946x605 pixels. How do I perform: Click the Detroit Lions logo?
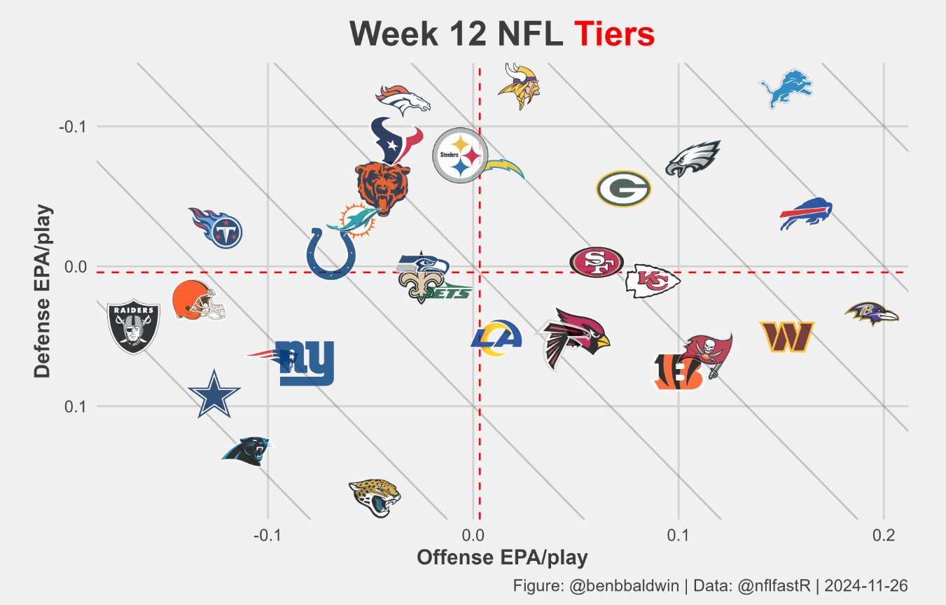click(786, 88)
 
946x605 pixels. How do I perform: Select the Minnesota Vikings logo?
click(520, 87)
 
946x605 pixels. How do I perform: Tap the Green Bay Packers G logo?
click(624, 189)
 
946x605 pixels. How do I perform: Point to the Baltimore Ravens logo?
click(870, 314)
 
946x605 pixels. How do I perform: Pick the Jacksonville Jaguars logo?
click(375, 497)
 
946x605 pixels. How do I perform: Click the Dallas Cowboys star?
click(214, 394)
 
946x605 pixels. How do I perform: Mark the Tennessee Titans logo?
click(217, 228)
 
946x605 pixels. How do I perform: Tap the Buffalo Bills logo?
click(807, 214)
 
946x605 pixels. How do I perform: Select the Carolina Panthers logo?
click(246, 451)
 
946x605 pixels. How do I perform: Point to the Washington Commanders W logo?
click(786, 337)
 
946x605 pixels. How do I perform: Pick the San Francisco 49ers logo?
click(597, 263)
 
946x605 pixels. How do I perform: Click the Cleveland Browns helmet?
click(198, 300)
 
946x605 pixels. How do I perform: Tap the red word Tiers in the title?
click(614, 34)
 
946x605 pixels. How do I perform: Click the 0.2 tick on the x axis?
click(884, 536)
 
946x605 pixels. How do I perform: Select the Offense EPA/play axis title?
click(502, 557)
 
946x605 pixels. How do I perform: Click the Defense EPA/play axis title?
click(43, 291)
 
